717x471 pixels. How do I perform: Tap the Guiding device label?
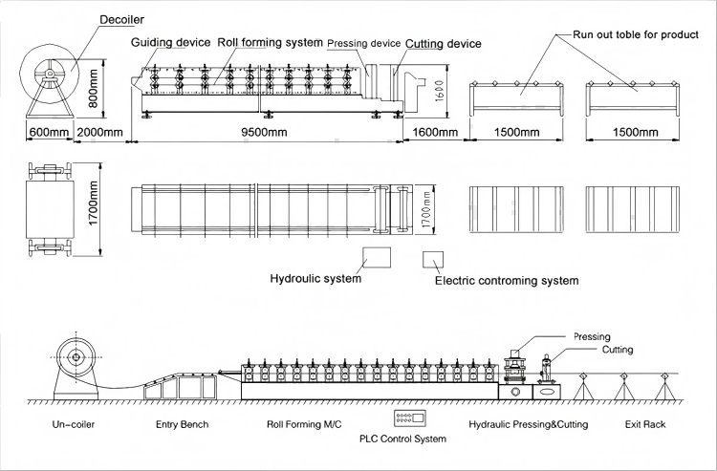[170, 43]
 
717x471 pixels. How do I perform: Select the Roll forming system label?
[269, 43]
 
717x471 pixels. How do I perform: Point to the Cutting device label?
[443, 44]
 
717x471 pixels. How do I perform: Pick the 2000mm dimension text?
[99, 131]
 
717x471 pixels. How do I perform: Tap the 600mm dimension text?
[45, 131]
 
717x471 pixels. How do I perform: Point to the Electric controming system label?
[507, 281]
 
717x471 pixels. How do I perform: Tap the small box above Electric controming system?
[434, 260]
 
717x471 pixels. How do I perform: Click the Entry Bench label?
[181, 423]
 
